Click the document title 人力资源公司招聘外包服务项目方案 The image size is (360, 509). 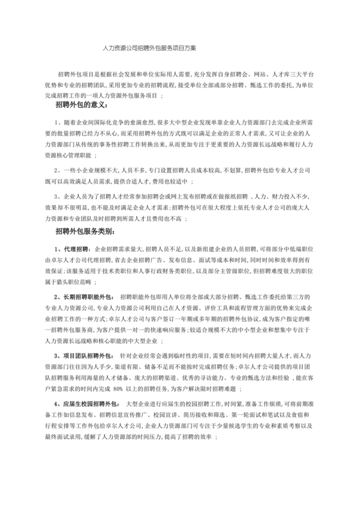click(x=150, y=48)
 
